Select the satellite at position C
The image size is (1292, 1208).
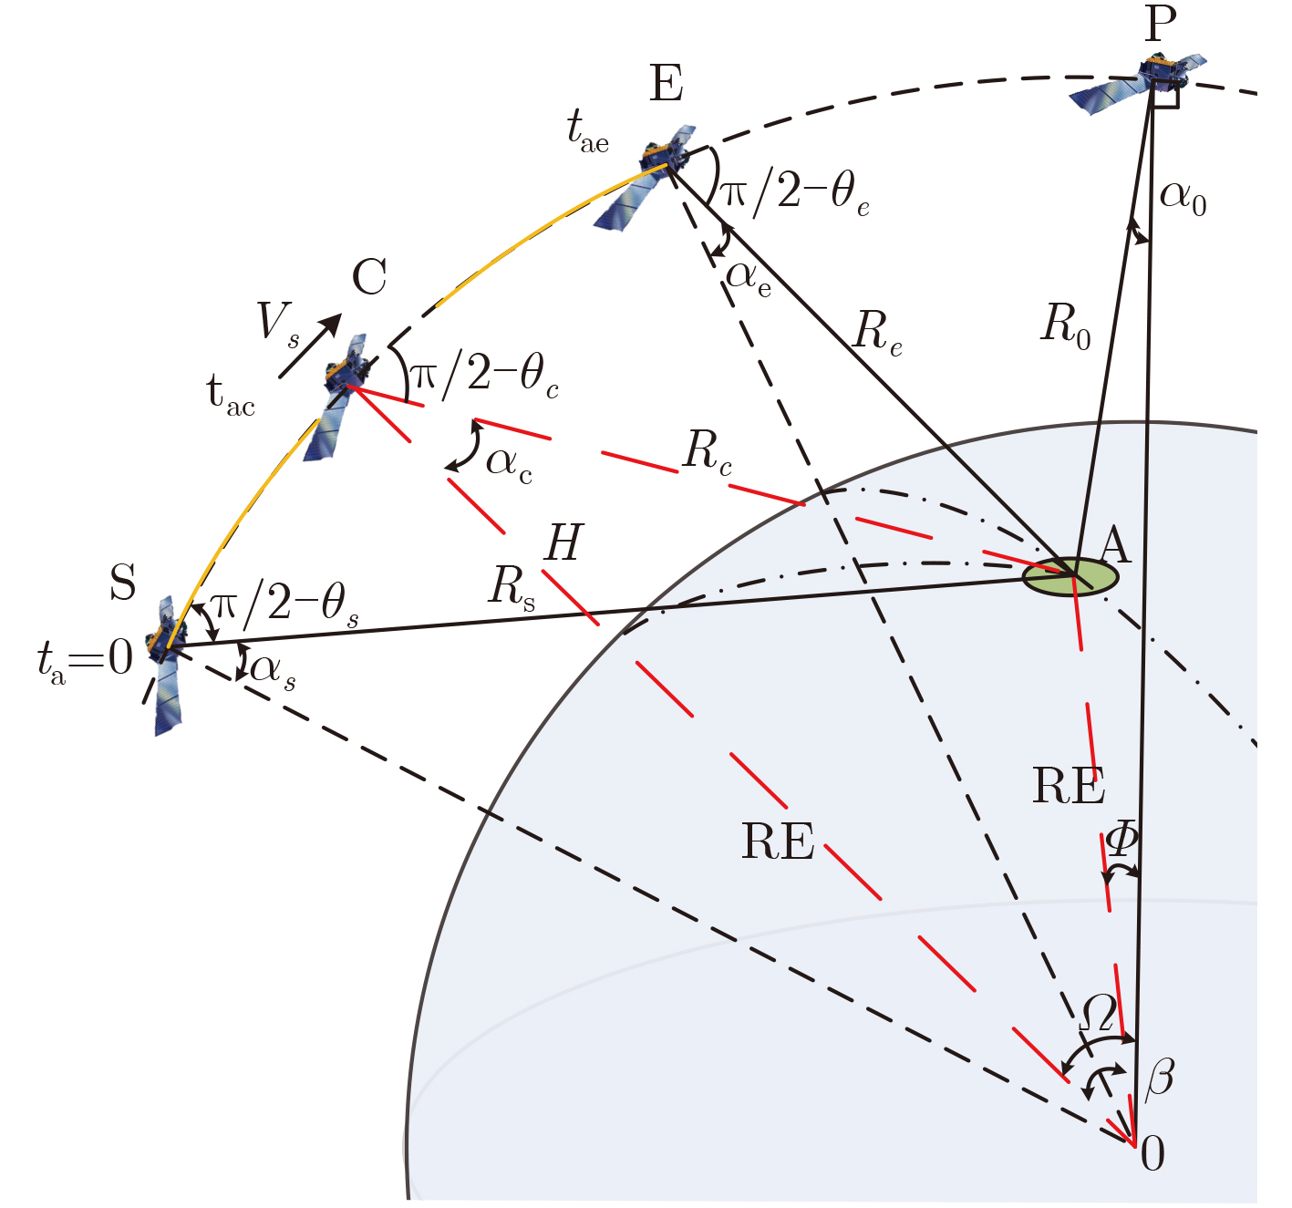point(339,397)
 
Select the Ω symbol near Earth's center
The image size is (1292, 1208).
point(1098,1013)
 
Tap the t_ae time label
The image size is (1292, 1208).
point(587,131)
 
